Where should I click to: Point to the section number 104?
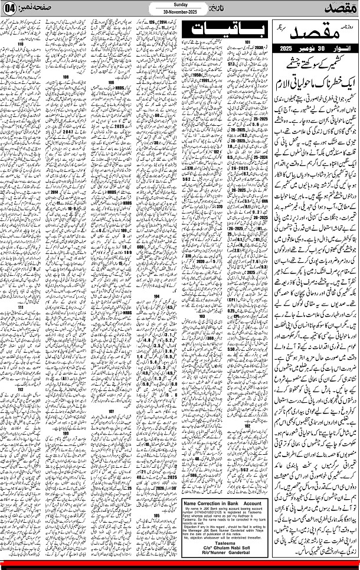(156, 295)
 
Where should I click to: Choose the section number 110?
(23, 44)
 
